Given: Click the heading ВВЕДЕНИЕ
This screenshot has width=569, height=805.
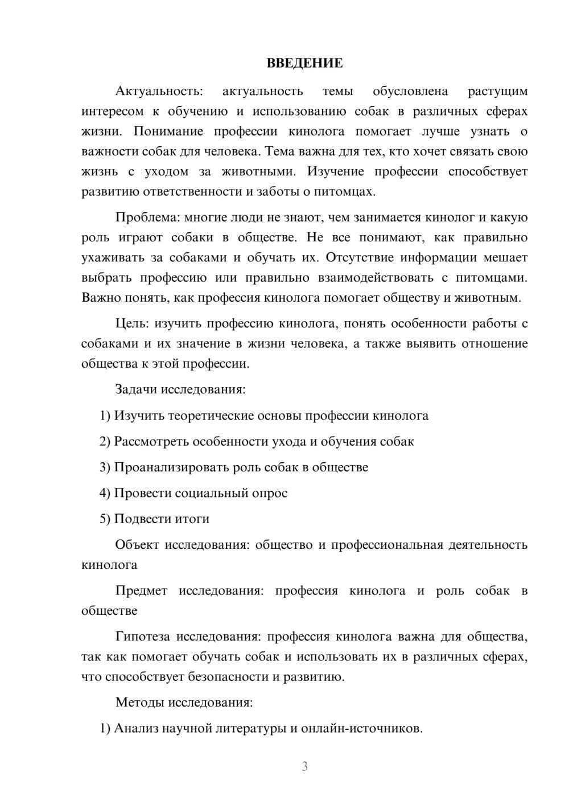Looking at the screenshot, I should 304,63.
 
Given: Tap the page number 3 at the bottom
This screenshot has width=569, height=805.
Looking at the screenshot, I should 304,766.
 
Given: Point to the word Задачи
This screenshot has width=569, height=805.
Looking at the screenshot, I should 137,390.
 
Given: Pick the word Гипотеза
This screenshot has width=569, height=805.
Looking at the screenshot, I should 142,636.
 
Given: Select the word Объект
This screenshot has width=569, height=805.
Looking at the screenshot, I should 137,545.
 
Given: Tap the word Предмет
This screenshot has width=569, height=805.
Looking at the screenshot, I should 141,590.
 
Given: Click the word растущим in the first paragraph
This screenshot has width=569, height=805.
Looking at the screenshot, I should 497,91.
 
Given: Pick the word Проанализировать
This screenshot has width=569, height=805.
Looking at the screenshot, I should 172,467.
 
